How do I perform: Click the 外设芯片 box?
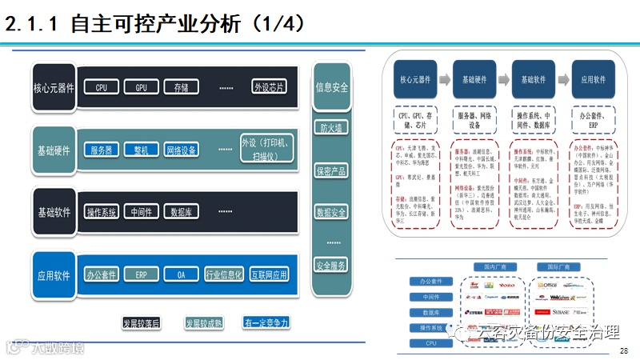[x=269, y=87]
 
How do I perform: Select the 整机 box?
[x=146, y=150]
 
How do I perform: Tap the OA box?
[x=182, y=274]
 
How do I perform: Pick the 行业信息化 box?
[x=224, y=274]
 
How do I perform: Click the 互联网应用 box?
[x=269, y=274]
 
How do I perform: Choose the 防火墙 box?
[x=331, y=127]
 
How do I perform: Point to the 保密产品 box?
[x=331, y=170]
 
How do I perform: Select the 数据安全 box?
[x=331, y=212]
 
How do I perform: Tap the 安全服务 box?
[x=331, y=265]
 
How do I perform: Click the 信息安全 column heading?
[x=331, y=87]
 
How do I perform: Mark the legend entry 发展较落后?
[x=141, y=322]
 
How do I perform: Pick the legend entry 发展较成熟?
[x=204, y=322]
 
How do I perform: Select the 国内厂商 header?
[x=485, y=266]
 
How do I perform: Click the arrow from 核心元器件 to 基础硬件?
[x=445, y=80]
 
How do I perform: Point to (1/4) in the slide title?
[x=277, y=24]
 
